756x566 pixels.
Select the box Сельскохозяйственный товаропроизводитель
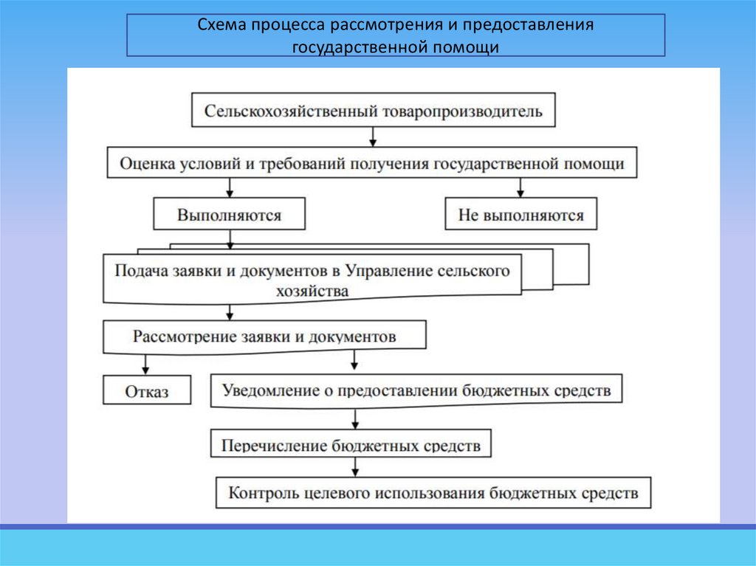pyautogui.click(x=373, y=111)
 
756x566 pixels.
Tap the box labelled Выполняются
pyautogui.click(x=229, y=215)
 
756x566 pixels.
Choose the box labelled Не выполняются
pyautogui.click(x=520, y=215)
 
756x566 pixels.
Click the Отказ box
pyautogui.click(x=146, y=390)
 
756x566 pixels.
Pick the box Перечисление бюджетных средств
pyautogui.click(x=351, y=445)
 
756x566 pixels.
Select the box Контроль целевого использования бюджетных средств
pyautogui.click(x=433, y=493)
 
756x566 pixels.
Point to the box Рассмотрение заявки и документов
pyautogui.click(x=264, y=337)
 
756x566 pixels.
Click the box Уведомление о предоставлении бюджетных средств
pyautogui.click(x=416, y=391)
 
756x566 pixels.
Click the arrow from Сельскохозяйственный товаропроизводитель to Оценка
pyautogui.click(x=373, y=137)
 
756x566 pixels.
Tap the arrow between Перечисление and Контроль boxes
pyautogui.click(x=356, y=466)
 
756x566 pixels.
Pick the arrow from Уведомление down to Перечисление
pyautogui.click(x=356, y=418)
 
